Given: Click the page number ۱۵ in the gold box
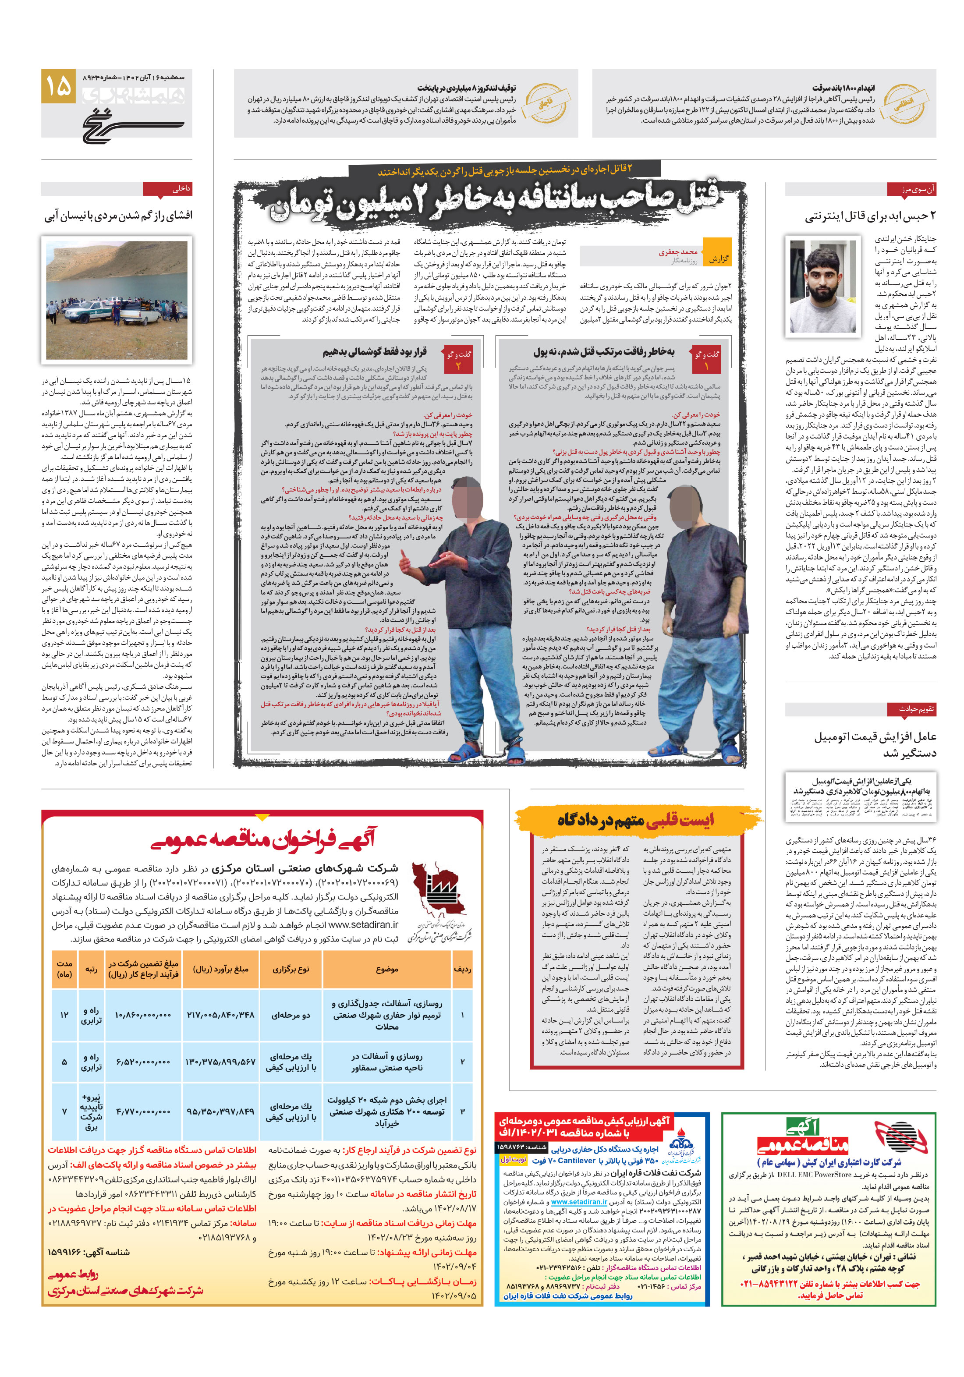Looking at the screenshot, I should tap(58, 86).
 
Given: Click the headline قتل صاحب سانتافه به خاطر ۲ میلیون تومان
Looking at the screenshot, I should tap(495, 203).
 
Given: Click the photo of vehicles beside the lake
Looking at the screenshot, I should tap(117, 300).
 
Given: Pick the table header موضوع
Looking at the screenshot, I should tap(386, 969).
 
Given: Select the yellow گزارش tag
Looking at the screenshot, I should tap(717, 258).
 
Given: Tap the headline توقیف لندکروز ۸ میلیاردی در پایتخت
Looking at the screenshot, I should tap(466, 88).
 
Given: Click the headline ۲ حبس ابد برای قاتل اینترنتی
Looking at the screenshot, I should tap(870, 216).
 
